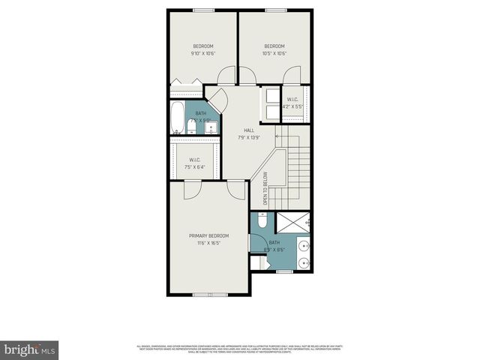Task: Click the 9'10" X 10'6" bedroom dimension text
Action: pyautogui.click(x=202, y=53)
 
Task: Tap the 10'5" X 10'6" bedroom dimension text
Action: pyautogui.click(x=275, y=53)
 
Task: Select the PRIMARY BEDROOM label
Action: pyautogui.click(x=208, y=235)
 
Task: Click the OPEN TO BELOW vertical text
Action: pyautogui.click(x=265, y=190)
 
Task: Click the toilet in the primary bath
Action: pyautogui.click(x=259, y=221)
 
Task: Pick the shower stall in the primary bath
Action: pyautogui.click(x=294, y=223)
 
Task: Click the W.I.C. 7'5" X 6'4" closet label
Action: pyautogui.click(x=194, y=163)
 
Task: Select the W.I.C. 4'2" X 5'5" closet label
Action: pyautogui.click(x=292, y=103)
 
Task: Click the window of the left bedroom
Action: pyautogui.click(x=202, y=10)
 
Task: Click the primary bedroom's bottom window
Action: pyautogui.click(x=209, y=293)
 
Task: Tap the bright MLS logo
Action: pyautogui.click(x=30, y=349)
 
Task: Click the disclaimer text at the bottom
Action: pyautogui.click(x=239, y=348)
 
